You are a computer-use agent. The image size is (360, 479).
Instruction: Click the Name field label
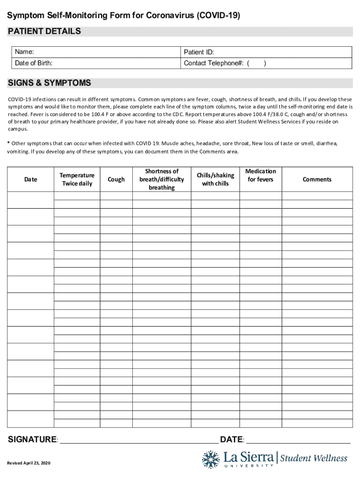point(24,52)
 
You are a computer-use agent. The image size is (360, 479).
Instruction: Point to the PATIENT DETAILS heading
point(44,31)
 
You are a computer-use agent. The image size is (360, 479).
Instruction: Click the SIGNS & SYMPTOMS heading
point(49,83)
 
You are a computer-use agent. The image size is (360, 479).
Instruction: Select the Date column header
point(30,179)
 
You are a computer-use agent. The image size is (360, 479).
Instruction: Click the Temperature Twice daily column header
point(77,179)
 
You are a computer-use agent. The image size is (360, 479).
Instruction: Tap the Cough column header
point(116,179)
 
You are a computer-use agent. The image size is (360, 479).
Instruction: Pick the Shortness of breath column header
point(161,179)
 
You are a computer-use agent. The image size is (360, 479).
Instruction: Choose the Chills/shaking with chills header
point(215,179)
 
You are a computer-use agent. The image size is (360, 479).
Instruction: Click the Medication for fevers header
point(260,175)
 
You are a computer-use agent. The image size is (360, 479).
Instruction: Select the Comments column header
point(317,179)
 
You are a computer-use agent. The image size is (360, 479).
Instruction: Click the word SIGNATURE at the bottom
point(32,440)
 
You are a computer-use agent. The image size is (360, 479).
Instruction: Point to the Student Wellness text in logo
point(313,458)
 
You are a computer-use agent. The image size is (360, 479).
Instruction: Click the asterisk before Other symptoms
point(8,143)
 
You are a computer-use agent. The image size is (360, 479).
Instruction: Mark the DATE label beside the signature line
point(232,440)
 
